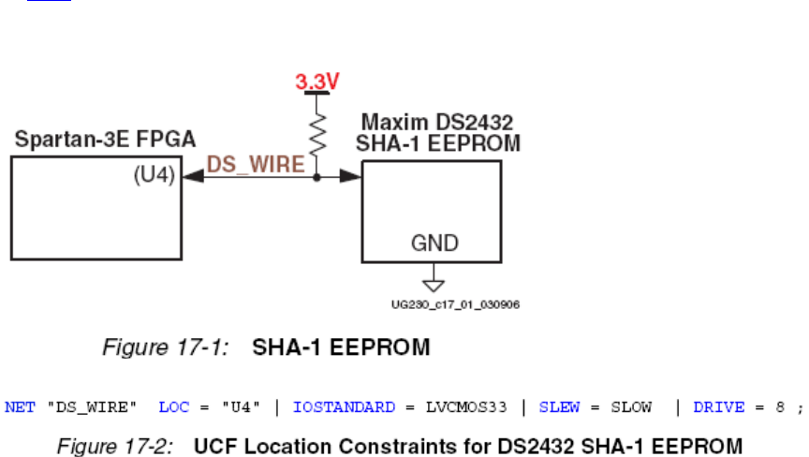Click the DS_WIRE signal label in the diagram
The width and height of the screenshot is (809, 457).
[255, 165]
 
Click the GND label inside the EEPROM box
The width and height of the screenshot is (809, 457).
[435, 243]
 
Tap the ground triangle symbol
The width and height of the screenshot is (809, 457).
[434, 282]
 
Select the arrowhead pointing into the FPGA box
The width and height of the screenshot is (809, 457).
[193, 175]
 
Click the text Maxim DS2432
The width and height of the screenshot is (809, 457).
[437, 123]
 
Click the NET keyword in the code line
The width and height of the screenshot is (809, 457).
[18, 407]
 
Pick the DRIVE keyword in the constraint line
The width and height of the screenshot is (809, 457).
[718, 407]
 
